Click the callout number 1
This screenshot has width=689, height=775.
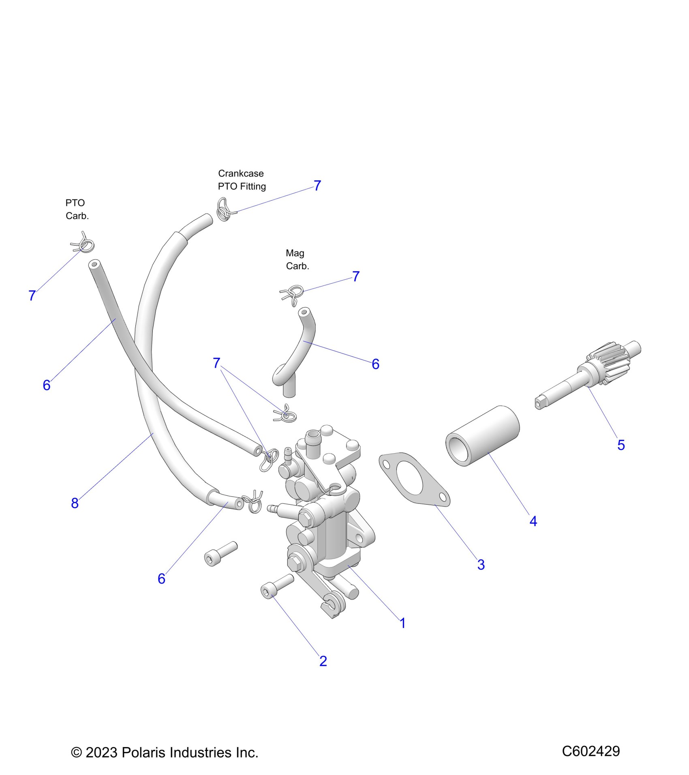(402, 623)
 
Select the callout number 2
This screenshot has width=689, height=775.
(323, 661)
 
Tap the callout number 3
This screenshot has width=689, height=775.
(481, 565)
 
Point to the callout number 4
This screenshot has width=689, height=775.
(533, 521)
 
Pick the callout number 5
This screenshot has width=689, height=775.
(621, 445)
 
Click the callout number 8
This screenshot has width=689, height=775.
(75, 503)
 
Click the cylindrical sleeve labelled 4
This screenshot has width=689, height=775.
(483, 436)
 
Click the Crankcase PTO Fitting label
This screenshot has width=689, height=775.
(242, 180)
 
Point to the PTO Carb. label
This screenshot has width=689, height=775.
(77, 210)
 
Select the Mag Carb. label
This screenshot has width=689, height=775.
(297, 259)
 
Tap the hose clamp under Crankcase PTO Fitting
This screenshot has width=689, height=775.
(224, 209)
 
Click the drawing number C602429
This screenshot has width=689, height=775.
(591, 751)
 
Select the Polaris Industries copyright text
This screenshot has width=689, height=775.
(165, 752)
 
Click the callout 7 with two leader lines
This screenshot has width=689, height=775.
(217, 363)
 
